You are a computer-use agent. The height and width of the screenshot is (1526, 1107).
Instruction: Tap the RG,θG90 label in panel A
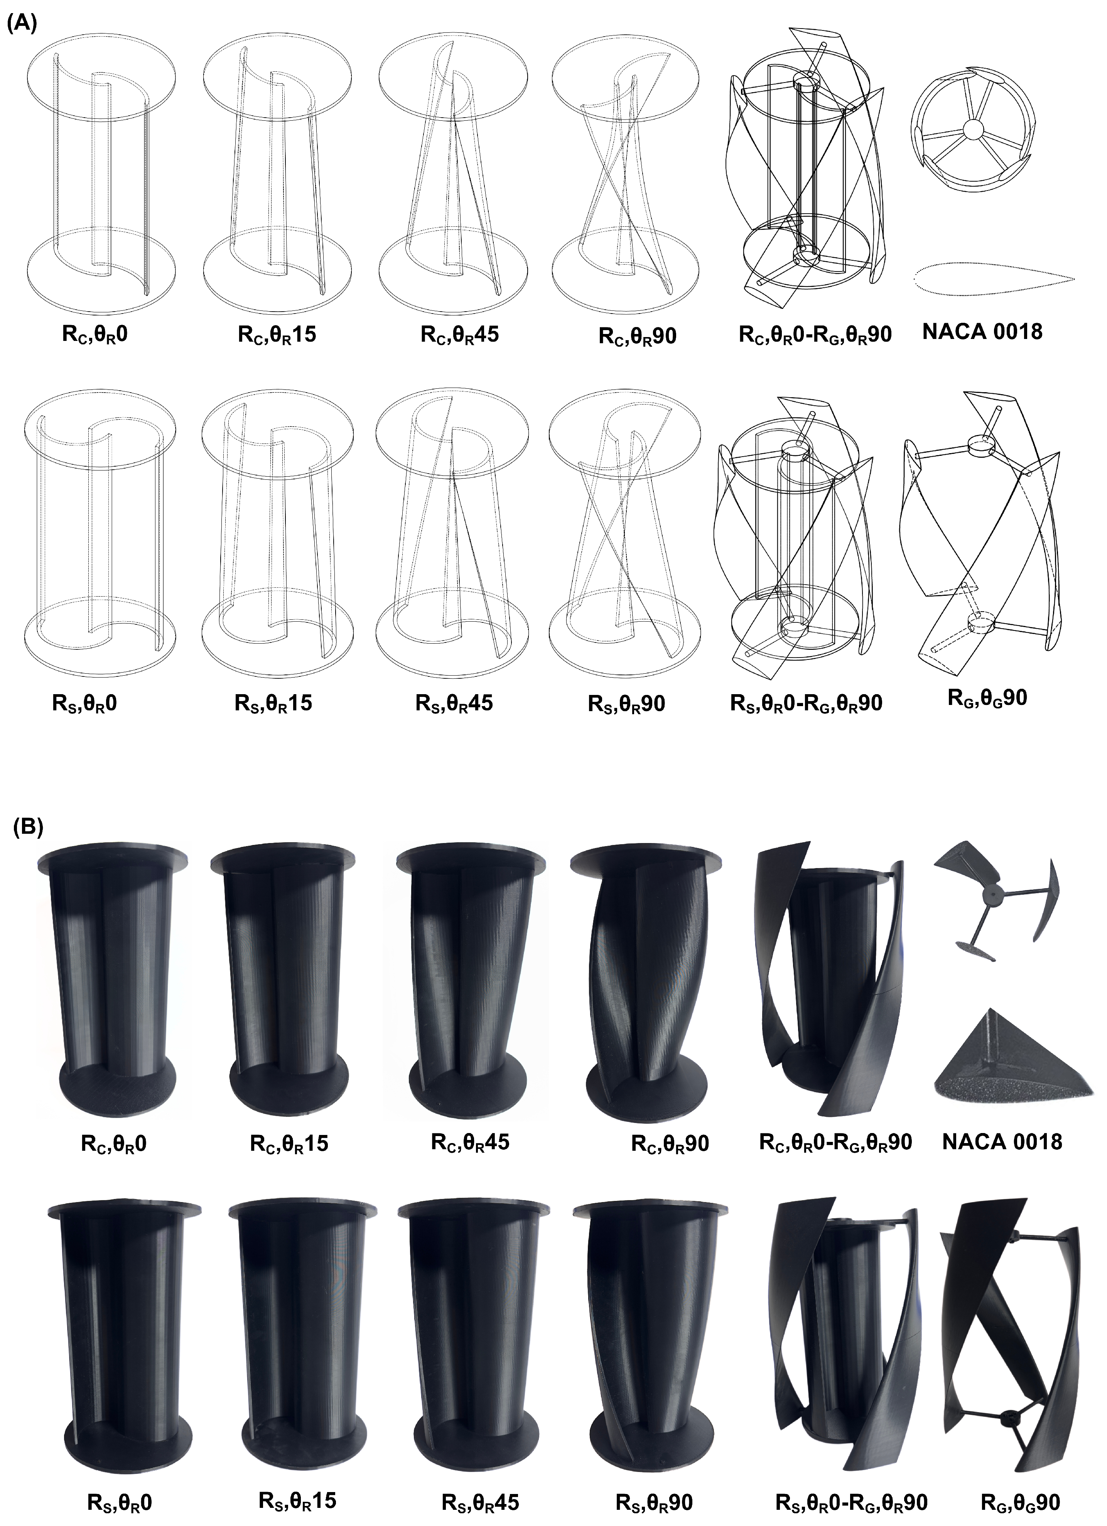click(987, 698)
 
